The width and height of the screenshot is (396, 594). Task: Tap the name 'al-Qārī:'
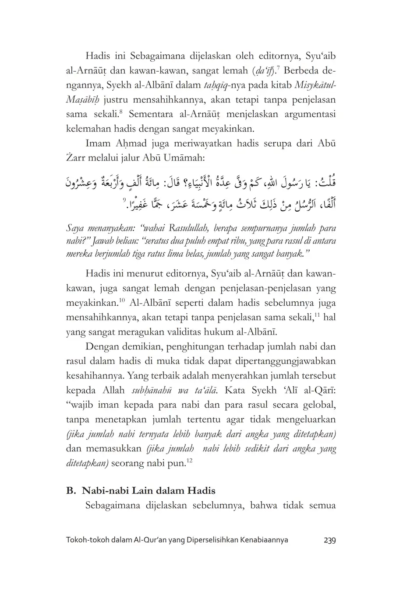tap(318, 390)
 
